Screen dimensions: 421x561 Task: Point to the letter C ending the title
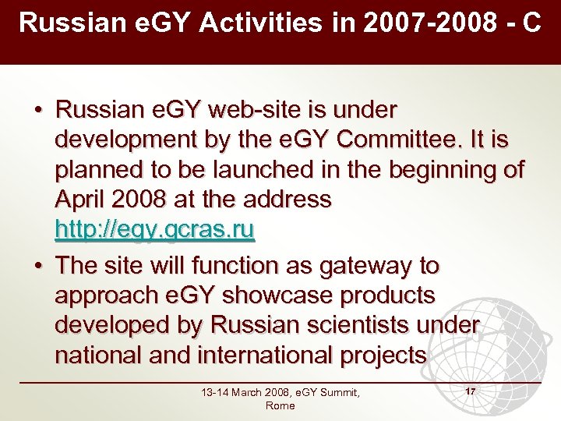tap(532, 23)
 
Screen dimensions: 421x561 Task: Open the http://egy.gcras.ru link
tap(155, 230)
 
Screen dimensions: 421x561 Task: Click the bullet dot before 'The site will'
tap(37, 266)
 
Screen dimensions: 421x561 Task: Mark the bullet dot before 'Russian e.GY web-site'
tap(37, 110)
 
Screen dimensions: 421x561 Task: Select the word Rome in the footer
tap(280, 405)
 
